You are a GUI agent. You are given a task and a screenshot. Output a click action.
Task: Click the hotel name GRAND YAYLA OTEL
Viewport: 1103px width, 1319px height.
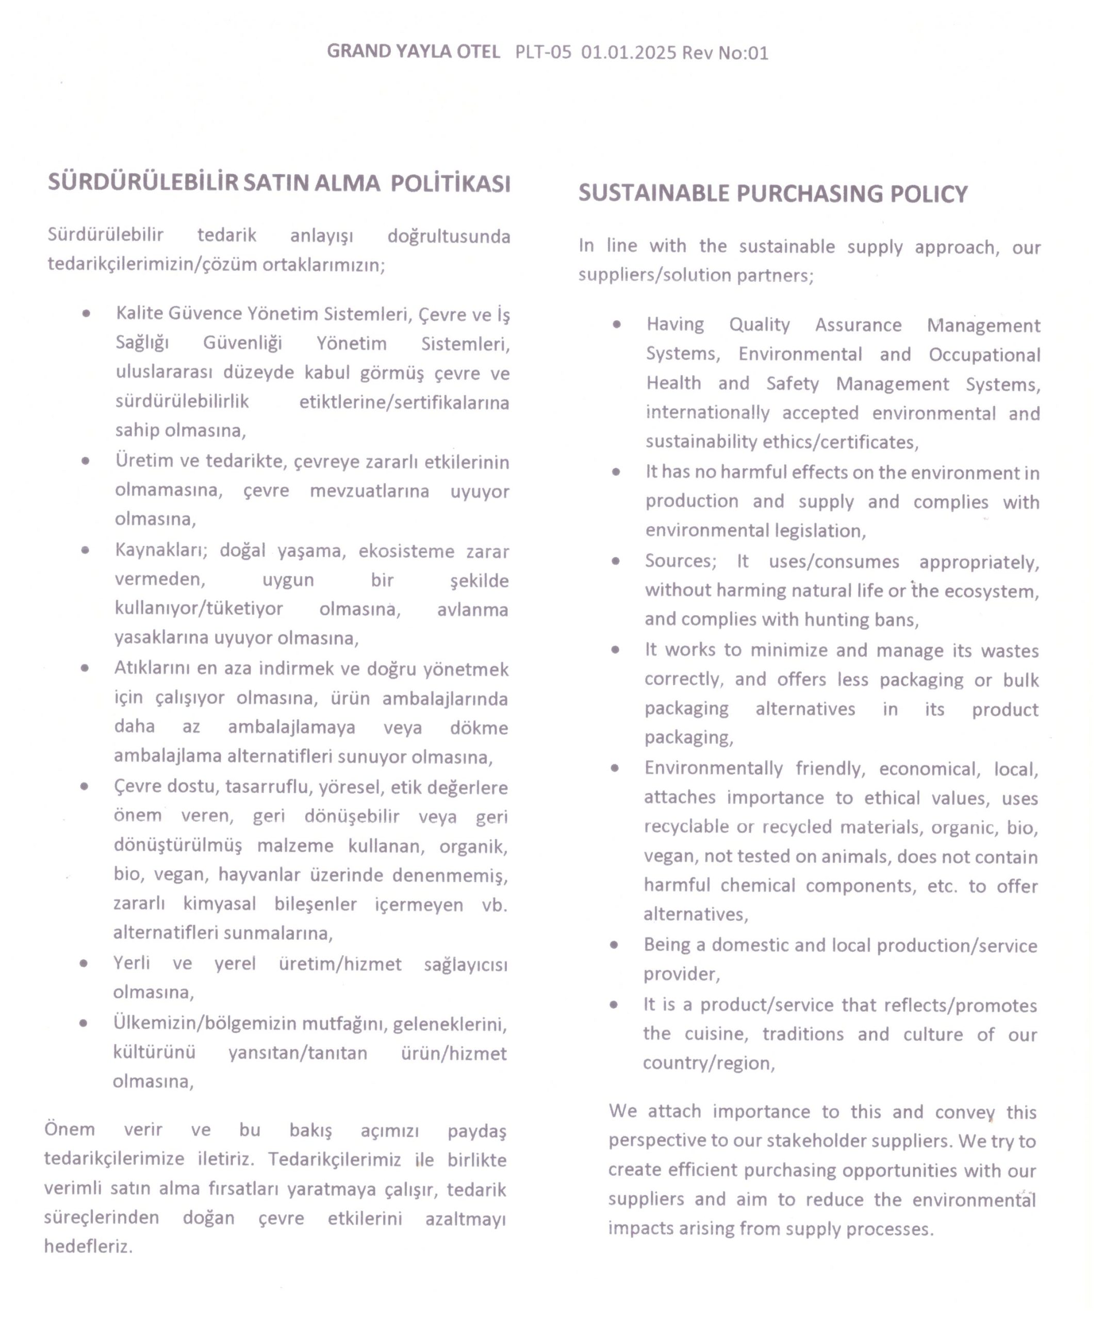(x=413, y=52)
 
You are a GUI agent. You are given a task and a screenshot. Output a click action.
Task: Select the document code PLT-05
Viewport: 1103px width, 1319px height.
(x=543, y=52)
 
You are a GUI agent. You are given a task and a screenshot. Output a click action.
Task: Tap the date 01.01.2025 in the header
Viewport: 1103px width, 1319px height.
(x=628, y=52)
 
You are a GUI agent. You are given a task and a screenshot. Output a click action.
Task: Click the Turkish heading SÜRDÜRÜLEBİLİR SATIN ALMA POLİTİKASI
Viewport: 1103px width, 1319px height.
(x=279, y=183)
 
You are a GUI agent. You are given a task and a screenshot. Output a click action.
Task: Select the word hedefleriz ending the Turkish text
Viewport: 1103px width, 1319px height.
(x=88, y=1246)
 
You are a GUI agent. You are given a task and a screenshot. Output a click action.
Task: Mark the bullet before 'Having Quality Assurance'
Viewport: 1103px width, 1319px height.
(x=617, y=324)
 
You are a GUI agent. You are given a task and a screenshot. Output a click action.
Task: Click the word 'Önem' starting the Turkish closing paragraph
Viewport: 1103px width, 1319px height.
(x=69, y=1129)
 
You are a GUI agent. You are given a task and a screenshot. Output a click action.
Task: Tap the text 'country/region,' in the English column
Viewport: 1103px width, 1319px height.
(x=709, y=1063)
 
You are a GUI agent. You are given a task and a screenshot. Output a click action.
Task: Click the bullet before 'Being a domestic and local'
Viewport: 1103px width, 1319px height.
(x=614, y=944)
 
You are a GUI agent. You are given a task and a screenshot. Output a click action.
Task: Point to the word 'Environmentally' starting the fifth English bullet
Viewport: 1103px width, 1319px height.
(x=713, y=768)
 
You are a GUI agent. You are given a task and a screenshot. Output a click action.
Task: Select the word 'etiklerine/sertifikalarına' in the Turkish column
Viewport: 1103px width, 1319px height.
(x=404, y=402)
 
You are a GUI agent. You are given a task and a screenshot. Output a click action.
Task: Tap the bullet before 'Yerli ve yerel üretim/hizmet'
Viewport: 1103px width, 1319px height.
(x=84, y=963)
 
